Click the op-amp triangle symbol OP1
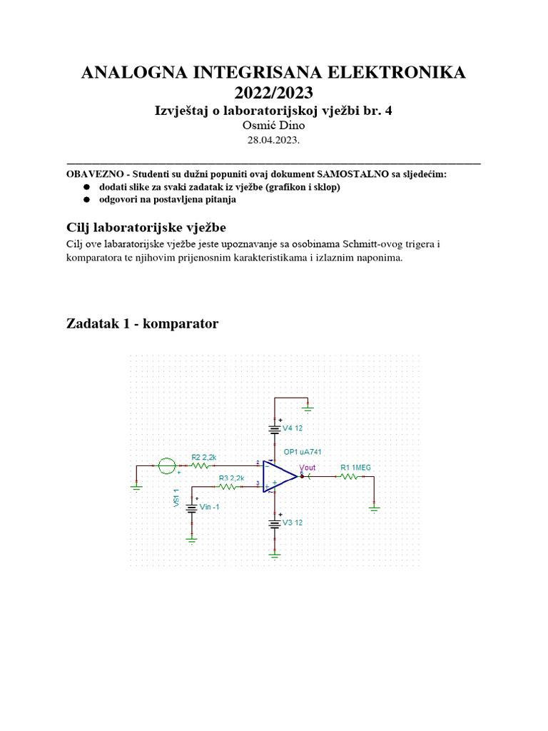coord(279,475)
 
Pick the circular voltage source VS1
coord(166,465)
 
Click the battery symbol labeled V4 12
coord(275,430)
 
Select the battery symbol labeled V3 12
coord(275,523)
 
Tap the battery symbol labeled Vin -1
coord(192,508)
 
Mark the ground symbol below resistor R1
coord(373,508)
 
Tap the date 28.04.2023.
coord(273,141)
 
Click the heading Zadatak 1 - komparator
coord(142,324)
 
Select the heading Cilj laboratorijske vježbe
coord(146,228)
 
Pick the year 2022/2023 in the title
coord(273,93)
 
